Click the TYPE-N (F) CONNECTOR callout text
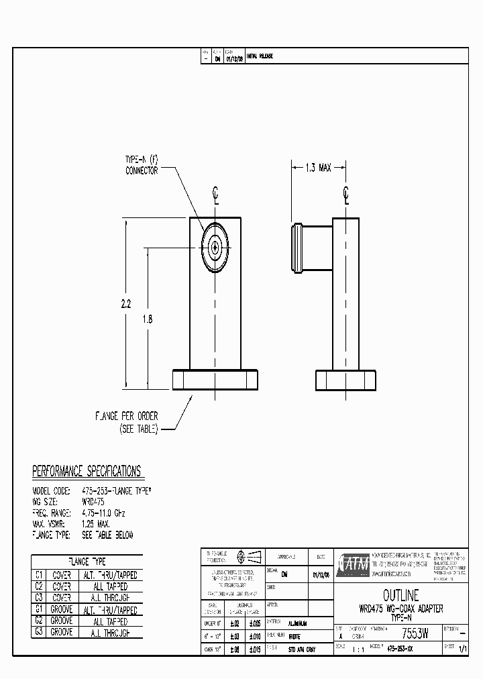[142, 166]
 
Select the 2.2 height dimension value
[126, 304]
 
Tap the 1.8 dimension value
[148, 319]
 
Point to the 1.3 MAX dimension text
[317, 168]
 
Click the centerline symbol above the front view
[215, 195]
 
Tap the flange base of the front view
[215, 380]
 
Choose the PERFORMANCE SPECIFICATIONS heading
[87, 471]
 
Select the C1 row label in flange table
[39, 575]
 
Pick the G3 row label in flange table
[39, 632]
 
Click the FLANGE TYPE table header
[87, 561]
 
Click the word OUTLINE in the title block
[400, 595]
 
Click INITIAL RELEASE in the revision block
[260, 57]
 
